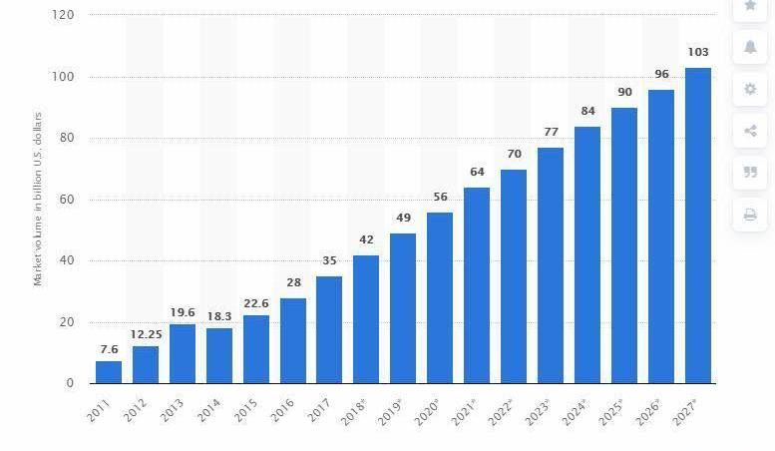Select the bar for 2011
pyautogui.click(x=109, y=371)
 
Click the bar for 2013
pyautogui.click(x=183, y=353)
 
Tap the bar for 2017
pyautogui.click(x=329, y=329)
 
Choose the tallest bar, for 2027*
pyautogui.click(x=698, y=225)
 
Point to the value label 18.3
pyautogui.click(x=219, y=315)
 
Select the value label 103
pyautogui.click(x=698, y=52)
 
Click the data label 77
pyautogui.click(x=551, y=132)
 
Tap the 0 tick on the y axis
pyautogui.click(x=71, y=383)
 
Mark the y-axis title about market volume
pyautogui.click(x=39, y=199)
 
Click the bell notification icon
pyautogui.click(x=750, y=47)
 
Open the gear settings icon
pyautogui.click(x=750, y=89)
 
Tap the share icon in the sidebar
pyautogui.click(x=750, y=131)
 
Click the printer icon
pyautogui.click(x=750, y=214)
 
